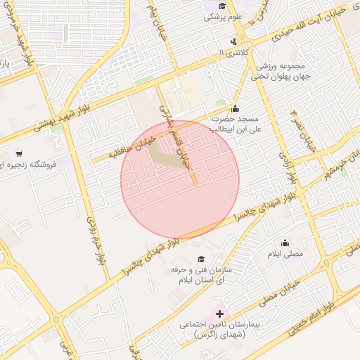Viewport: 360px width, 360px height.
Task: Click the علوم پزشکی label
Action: click(x=223, y=17)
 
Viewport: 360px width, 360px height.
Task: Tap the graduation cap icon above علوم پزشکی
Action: click(x=223, y=6)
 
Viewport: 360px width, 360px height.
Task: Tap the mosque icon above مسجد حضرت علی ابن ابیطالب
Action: click(x=235, y=108)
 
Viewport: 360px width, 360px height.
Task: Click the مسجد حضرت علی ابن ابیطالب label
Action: click(x=236, y=124)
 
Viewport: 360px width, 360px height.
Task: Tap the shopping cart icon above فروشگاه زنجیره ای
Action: click(x=18, y=153)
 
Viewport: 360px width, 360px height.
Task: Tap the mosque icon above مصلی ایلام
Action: click(x=285, y=243)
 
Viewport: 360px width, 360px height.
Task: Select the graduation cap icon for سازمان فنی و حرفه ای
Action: click(x=202, y=259)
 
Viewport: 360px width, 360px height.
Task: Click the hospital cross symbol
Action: click(x=219, y=313)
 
